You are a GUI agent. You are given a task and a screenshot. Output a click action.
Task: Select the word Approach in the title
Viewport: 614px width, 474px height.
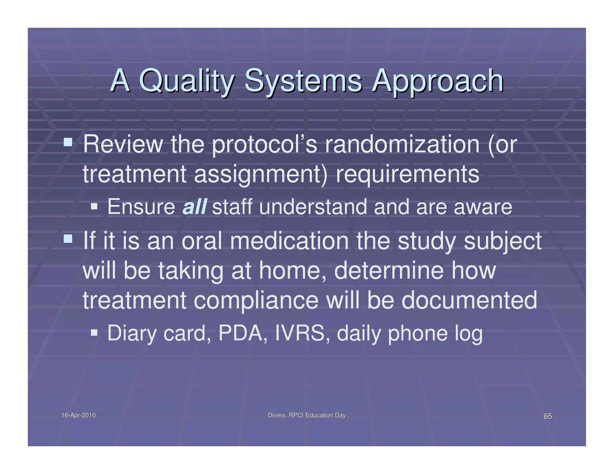tap(437, 81)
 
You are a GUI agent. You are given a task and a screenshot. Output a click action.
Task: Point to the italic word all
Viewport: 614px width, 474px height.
tap(194, 207)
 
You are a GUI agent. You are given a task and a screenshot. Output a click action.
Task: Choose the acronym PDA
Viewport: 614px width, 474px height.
tap(243, 333)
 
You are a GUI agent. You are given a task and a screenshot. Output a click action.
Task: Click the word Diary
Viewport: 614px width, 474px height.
tap(132, 333)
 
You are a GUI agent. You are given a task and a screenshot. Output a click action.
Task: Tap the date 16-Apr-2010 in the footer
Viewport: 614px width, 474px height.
tap(79, 415)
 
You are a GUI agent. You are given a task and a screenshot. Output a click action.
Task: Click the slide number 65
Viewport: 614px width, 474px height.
tap(548, 416)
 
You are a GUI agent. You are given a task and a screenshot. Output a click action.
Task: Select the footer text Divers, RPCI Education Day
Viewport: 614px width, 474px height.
tap(307, 415)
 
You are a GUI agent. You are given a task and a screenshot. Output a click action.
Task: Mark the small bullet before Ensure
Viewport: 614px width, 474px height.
tap(94, 206)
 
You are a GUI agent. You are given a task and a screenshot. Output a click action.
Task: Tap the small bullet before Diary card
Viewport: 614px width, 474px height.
tap(94, 332)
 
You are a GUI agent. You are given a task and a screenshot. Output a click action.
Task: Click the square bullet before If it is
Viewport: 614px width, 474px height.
tap(68, 238)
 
